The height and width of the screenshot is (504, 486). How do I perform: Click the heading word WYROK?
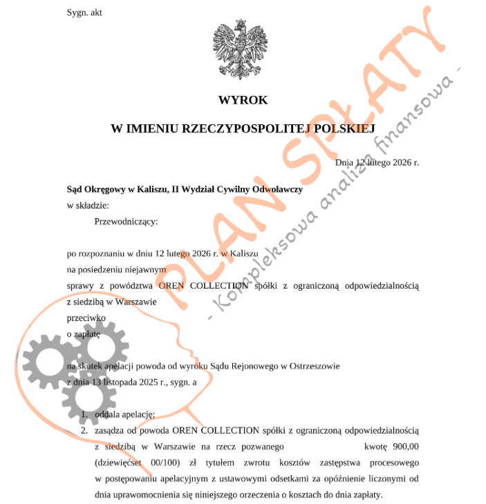click(x=243, y=100)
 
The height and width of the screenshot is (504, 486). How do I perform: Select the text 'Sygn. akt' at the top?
click(x=84, y=12)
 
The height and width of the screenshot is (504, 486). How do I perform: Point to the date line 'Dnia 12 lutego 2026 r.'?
click(x=377, y=162)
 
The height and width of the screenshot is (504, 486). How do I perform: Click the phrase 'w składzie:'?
click(x=88, y=205)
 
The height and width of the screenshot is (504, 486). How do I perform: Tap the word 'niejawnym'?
click(x=144, y=269)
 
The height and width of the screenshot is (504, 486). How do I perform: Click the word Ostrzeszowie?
click(x=314, y=365)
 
